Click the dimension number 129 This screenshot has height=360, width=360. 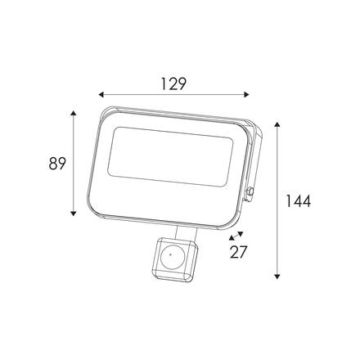pos(173,83)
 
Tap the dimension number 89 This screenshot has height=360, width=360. pos(57,164)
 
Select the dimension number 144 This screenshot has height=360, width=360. pos(298,201)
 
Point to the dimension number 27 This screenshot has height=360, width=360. pos(238,252)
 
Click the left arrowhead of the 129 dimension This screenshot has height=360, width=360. pos(101,95)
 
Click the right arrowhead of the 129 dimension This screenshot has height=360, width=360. pos(246,95)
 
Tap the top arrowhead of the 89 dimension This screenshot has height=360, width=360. pos(73,114)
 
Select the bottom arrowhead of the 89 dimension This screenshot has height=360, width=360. pos(73,214)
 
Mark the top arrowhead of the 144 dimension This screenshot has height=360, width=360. pos(277,125)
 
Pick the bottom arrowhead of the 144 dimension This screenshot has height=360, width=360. pos(277,277)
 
